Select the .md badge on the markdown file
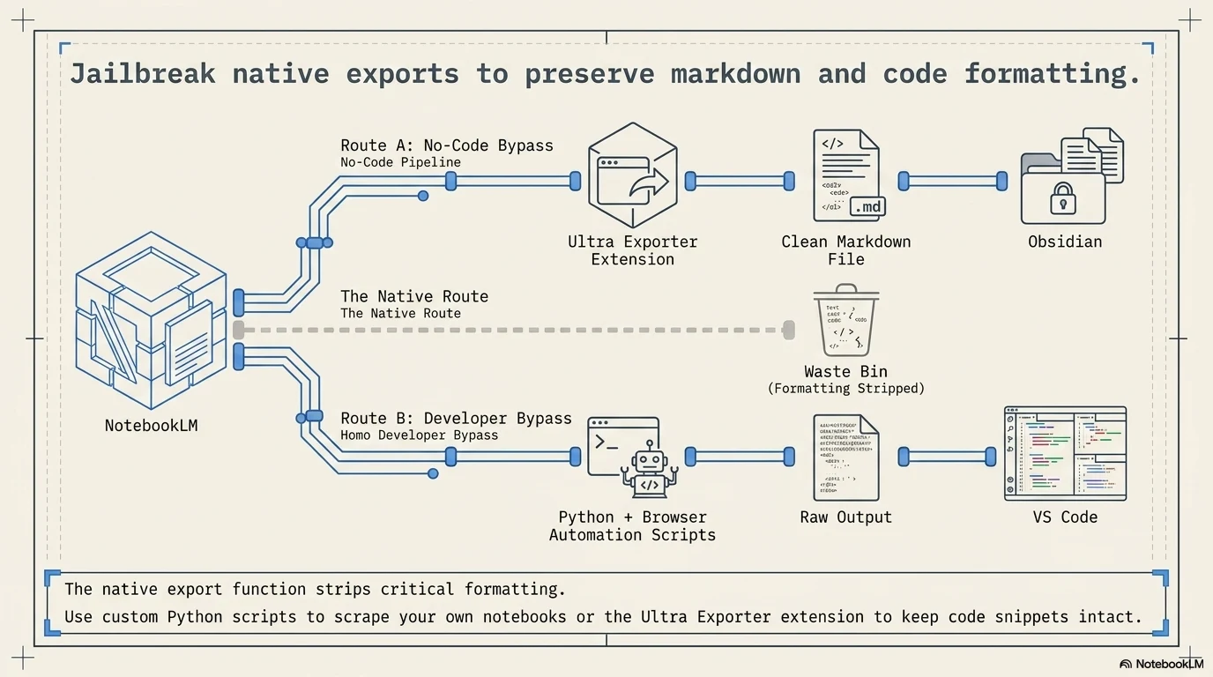(x=867, y=207)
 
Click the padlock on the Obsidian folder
(x=1062, y=199)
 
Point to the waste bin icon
(x=845, y=321)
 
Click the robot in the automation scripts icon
(x=650, y=472)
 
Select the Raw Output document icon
(x=845, y=458)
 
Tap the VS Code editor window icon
(x=1065, y=453)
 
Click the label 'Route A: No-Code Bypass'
(x=447, y=145)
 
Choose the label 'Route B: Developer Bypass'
(x=456, y=418)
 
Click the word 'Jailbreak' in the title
(x=143, y=73)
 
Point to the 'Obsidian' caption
(x=1065, y=242)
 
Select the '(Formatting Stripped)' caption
(x=845, y=389)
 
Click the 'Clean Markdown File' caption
(x=845, y=250)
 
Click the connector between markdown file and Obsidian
(x=952, y=181)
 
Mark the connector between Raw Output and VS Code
(x=952, y=457)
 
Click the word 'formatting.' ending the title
(x=1053, y=73)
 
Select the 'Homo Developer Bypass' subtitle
(x=419, y=435)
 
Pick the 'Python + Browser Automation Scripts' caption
(x=632, y=526)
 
